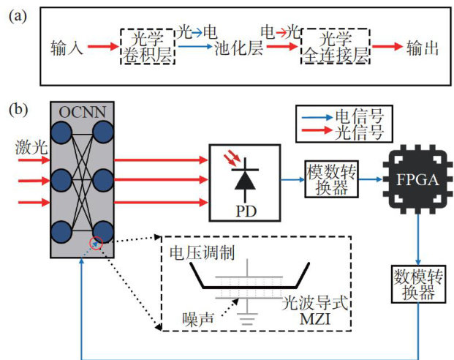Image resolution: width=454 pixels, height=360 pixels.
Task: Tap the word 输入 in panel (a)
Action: pos(66,48)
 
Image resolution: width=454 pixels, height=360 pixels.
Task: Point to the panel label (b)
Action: pos(19,110)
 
